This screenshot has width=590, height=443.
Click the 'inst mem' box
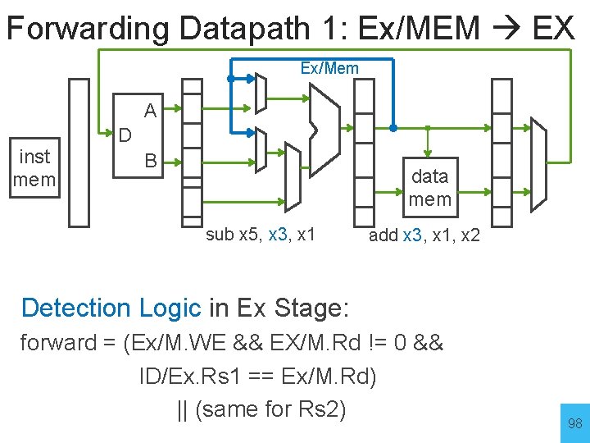point(34,168)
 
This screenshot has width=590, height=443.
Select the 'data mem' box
point(429,187)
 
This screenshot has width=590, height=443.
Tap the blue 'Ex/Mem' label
point(329,68)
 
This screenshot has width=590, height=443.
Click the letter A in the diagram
point(150,110)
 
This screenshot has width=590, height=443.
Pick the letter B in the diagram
point(150,160)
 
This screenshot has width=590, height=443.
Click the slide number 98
point(574,423)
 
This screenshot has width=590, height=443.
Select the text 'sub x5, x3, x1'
point(261,235)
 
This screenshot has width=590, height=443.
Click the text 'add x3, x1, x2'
point(424,235)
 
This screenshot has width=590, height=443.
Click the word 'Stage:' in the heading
point(316,308)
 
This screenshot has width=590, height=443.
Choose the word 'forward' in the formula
point(58,342)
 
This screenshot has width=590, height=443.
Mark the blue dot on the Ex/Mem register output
point(393,129)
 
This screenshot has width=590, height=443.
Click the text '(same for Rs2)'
point(261,409)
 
